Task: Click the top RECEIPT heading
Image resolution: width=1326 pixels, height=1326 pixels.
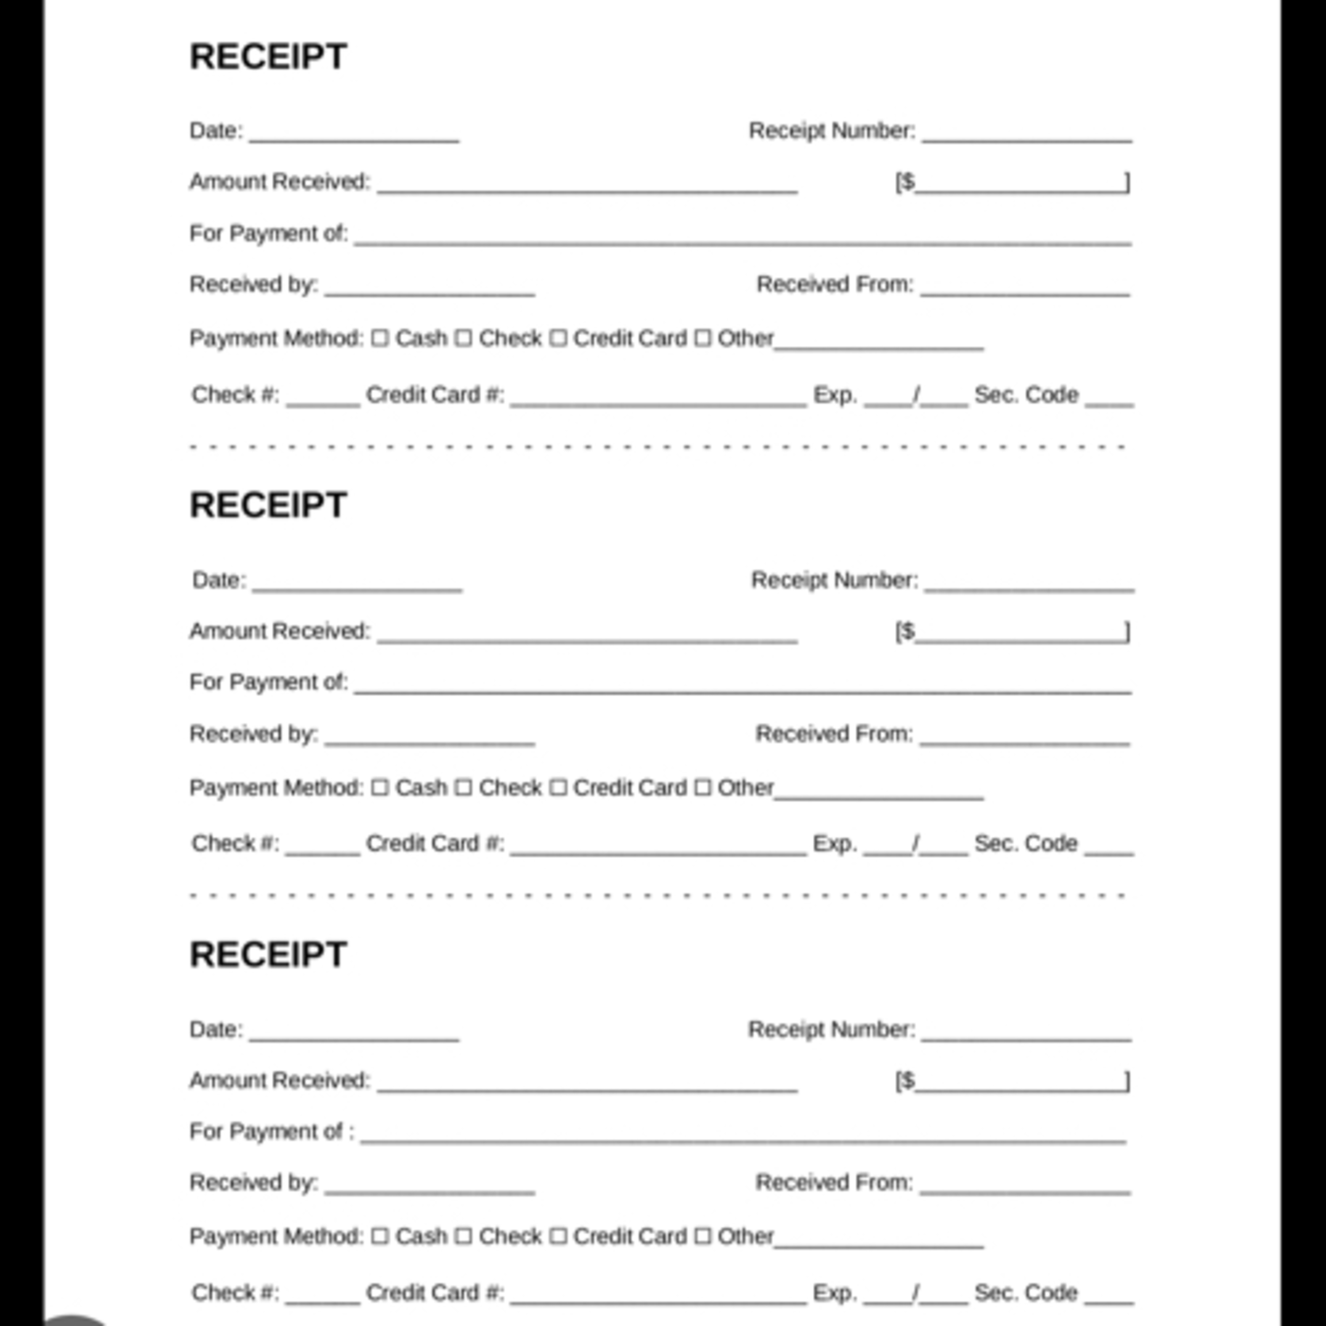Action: pyautogui.click(x=268, y=56)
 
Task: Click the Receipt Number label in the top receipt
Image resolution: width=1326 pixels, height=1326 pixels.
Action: pyautogui.click(x=832, y=130)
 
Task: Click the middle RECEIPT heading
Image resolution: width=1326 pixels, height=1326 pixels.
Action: pyautogui.click(x=268, y=505)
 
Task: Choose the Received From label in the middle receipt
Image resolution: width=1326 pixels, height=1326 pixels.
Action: pyautogui.click(x=834, y=734)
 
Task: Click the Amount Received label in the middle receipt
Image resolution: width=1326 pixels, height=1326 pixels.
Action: pyautogui.click(x=279, y=631)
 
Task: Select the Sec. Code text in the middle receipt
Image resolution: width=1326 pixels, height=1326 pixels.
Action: pyautogui.click(x=1025, y=843)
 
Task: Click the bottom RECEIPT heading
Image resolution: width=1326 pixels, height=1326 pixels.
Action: pyautogui.click(x=268, y=955)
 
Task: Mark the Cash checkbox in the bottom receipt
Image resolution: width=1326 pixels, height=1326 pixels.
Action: pyautogui.click(x=380, y=1236)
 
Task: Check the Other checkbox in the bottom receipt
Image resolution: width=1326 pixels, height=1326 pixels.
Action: pyautogui.click(x=702, y=1236)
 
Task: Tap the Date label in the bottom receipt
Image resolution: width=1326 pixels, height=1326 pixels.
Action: pyautogui.click(x=216, y=1029)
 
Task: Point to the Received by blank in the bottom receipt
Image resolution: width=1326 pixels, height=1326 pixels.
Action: pyautogui.click(x=430, y=1189)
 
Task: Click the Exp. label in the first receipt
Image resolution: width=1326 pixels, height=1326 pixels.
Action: pyautogui.click(x=834, y=395)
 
